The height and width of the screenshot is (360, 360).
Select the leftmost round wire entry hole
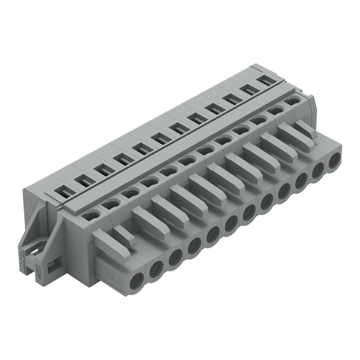click(136, 281)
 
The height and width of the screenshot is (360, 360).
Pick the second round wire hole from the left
click(156, 270)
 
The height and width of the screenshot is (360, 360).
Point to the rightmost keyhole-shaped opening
click(293, 101)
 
